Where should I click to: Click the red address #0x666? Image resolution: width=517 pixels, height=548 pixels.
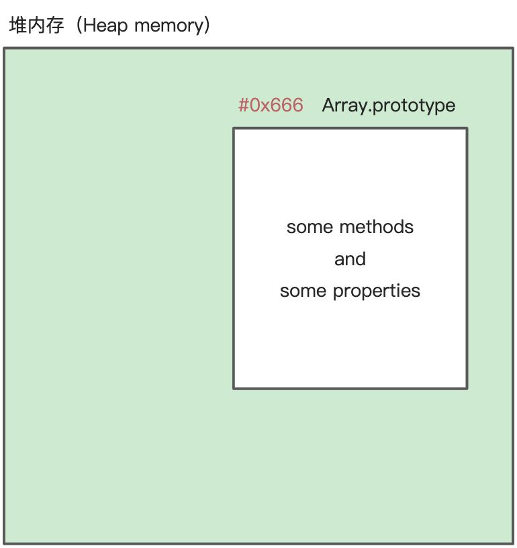271,105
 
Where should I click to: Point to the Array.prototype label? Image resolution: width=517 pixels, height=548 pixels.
388,105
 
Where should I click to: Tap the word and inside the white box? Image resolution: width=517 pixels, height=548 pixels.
350,259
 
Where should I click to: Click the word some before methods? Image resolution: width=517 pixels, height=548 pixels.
310,227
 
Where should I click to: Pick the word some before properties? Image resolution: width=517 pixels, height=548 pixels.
303,291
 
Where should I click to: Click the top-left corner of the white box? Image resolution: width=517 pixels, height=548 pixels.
234,128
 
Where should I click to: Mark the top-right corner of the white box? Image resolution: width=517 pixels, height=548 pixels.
467,128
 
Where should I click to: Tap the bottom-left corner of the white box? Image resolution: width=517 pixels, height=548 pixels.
234,387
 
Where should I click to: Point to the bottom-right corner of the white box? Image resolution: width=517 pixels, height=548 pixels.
467,387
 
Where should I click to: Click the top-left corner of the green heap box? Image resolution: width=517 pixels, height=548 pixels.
4,48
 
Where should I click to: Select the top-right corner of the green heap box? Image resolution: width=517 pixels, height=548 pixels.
513,48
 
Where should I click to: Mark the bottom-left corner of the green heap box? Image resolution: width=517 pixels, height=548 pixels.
4,543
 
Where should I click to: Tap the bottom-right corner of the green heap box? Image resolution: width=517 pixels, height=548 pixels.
513,543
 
